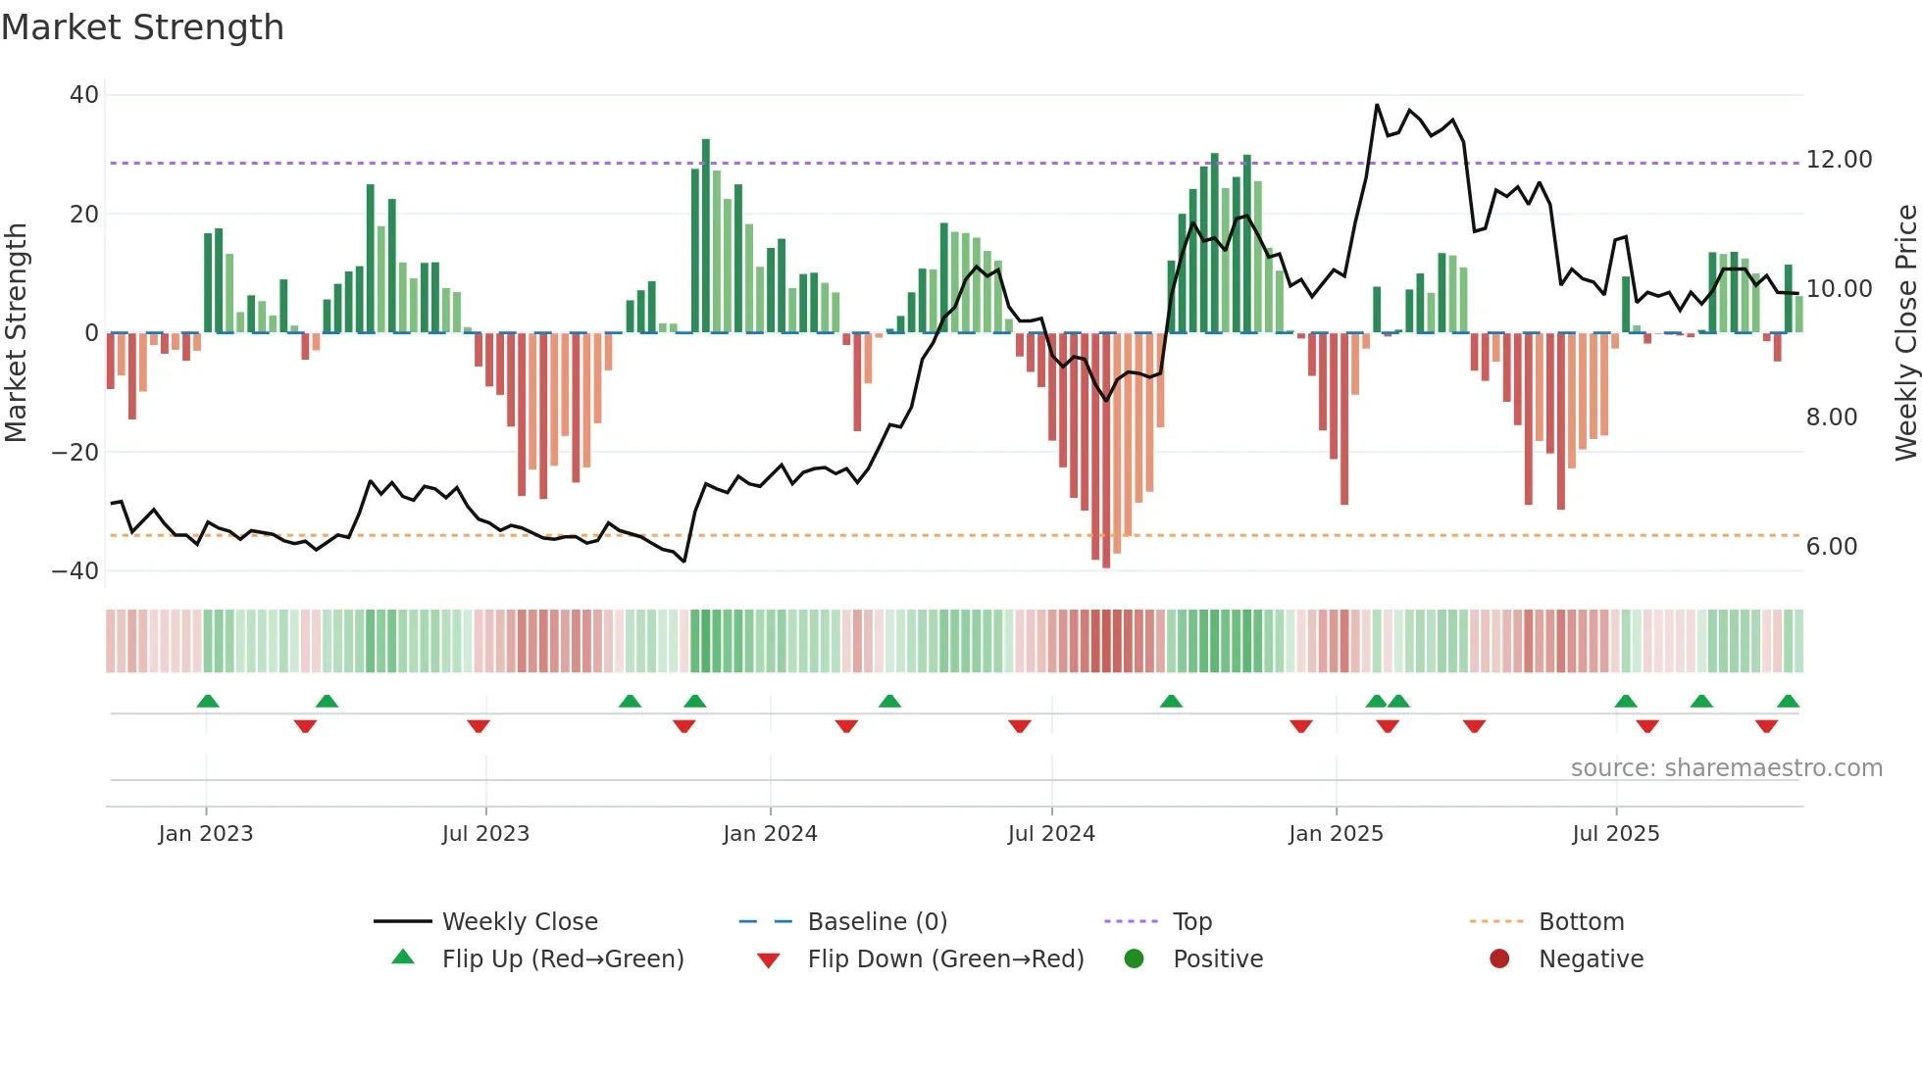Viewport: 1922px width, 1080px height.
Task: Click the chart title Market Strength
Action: click(x=142, y=27)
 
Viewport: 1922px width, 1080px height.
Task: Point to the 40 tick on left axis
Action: click(x=84, y=95)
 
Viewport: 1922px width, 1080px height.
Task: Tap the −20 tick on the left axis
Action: click(x=76, y=452)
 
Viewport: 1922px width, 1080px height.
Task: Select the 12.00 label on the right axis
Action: click(x=1839, y=159)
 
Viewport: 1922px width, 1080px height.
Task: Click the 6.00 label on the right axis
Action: click(x=1831, y=546)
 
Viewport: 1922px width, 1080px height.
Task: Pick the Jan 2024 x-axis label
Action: click(x=770, y=833)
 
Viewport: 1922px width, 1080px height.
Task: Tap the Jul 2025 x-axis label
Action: click(x=1615, y=833)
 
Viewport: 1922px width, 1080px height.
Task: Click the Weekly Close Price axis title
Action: click(x=1905, y=333)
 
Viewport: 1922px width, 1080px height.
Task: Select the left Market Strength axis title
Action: click(x=16, y=333)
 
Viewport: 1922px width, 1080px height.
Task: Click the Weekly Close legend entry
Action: click(x=519, y=921)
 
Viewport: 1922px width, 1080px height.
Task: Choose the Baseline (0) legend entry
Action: click(x=877, y=921)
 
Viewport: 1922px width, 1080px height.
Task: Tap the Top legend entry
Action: click(x=1191, y=921)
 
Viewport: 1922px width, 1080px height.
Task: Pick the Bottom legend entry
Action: click(x=1581, y=921)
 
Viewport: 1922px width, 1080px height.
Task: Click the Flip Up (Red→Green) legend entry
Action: click(x=562, y=958)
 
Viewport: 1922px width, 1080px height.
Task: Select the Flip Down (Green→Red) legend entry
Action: click(x=945, y=958)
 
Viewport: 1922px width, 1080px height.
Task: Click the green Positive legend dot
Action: click(x=1134, y=958)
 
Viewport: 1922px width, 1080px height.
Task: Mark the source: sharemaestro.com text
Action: click(x=1726, y=767)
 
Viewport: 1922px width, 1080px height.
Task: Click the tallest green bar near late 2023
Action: click(x=706, y=235)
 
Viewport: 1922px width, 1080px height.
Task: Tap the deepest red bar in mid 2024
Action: click(x=1106, y=451)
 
